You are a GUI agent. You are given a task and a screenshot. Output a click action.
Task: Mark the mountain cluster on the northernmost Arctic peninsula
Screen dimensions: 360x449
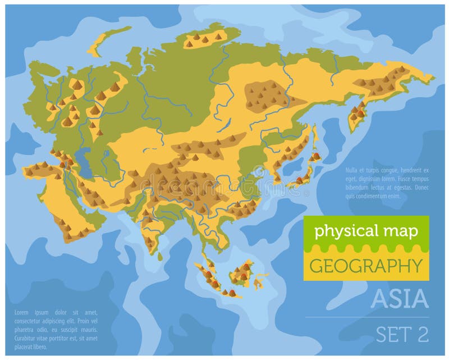[204, 38]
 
